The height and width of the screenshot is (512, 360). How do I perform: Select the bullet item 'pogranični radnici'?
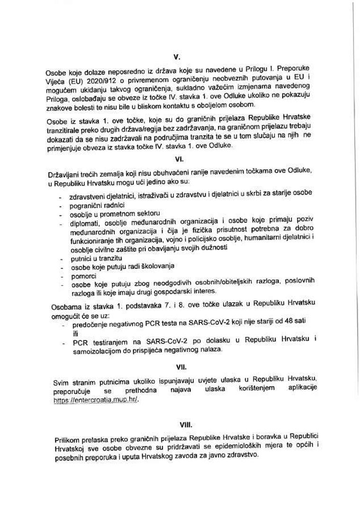(x=97, y=205)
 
